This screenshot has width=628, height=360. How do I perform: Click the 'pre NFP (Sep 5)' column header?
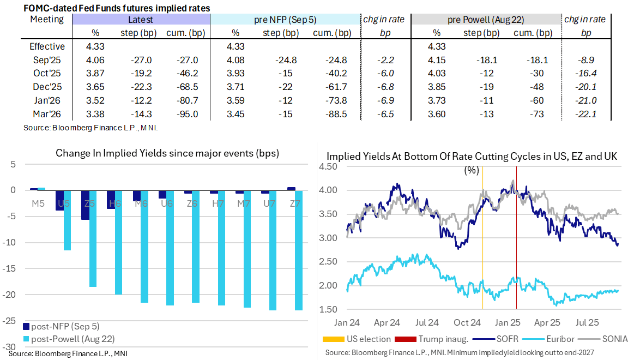(285, 20)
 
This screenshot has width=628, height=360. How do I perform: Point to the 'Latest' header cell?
(141, 20)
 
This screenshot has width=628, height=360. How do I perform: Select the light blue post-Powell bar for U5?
(68, 220)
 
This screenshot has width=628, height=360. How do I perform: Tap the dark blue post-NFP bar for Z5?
(85, 205)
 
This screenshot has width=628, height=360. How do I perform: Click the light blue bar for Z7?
(299, 250)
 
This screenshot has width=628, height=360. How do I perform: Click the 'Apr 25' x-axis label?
(546, 322)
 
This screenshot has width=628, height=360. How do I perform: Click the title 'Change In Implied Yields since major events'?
(167, 153)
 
